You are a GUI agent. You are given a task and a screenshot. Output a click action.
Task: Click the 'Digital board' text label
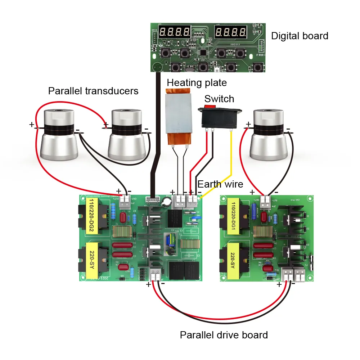point(300,36)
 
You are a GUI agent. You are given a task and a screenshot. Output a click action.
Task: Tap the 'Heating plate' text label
point(197,83)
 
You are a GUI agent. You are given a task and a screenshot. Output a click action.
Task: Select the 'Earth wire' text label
point(220,184)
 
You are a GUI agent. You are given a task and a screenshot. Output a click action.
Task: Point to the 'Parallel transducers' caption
point(93,91)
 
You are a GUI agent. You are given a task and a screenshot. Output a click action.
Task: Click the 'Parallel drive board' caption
point(224,335)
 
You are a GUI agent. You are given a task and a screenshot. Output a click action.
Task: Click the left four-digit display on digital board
point(175,33)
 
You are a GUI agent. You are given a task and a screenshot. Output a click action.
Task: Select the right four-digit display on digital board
point(231,33)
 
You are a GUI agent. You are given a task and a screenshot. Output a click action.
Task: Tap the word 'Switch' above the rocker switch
point(219,99)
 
